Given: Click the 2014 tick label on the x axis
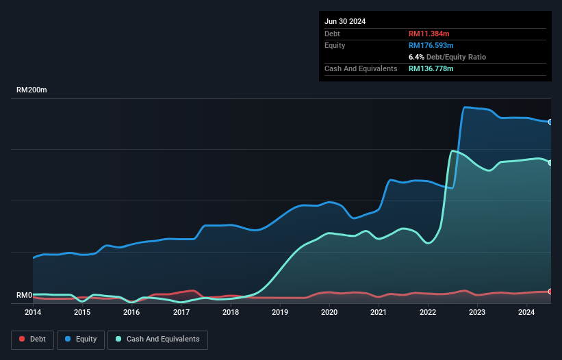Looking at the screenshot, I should point(33,313).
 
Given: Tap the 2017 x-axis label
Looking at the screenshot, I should point(181,313).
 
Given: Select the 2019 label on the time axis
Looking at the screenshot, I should point(280,313).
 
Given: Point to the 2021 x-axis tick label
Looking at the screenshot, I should point(379,313).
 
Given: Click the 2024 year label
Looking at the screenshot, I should point(526,313).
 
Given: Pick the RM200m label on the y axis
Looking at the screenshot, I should point(31,90).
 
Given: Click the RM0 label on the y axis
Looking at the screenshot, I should point(25,296).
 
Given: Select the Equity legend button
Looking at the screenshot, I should point(81,339).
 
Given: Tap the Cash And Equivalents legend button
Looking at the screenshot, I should point(157,339).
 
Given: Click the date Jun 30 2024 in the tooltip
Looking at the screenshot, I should point(345,21).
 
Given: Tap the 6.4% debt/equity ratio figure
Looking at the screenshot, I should point(416,57).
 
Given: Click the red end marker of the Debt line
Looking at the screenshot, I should point(550,292).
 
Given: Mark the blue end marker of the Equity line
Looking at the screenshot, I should point(550,122).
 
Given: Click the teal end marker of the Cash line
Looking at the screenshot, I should point(550,162).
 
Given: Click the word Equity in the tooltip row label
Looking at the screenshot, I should point(335,45).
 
